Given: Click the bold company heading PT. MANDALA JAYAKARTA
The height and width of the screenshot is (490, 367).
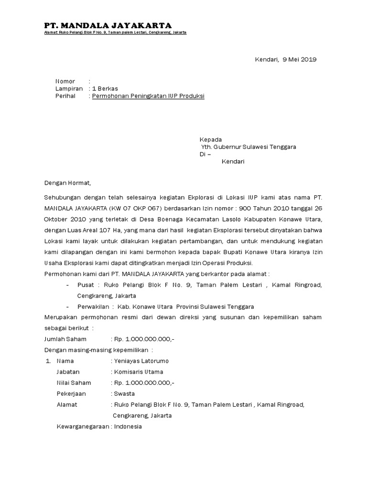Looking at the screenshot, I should click(x=108, y=25).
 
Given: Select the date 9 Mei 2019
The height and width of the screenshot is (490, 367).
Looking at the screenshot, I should click(x=300, y=59).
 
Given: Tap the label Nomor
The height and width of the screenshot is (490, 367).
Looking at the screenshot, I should click(x=65, y=81).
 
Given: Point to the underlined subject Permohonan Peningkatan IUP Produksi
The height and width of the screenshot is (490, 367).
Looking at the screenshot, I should click(x=148, y=96).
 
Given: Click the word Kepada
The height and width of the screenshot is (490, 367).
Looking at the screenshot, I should click(x=211, y=139).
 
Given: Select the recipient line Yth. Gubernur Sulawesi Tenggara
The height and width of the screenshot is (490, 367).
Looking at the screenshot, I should click(x=248, y=147).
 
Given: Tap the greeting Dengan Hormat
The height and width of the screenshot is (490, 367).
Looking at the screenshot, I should click(x=67, y=183).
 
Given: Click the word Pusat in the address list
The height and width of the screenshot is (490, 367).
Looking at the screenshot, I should click(x=86, y=285).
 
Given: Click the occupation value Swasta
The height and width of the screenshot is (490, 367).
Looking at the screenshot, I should click(x=124, y=394).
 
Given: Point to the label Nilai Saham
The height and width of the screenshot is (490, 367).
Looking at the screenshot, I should click(x=74, y=383).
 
